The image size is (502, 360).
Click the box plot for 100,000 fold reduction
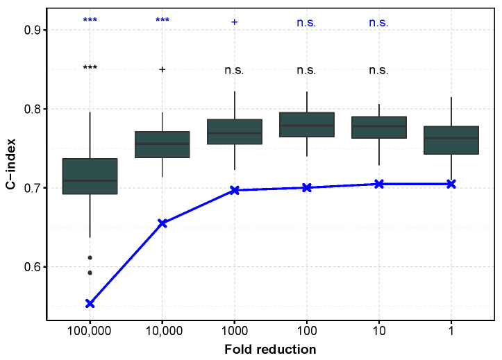coord(90,176)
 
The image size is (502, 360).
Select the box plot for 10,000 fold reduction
coord(162,144)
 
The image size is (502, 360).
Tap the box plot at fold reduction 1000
coord(234,131)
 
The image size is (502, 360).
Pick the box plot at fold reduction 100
coord(306,125)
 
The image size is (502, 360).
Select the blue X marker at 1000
coord(234,189)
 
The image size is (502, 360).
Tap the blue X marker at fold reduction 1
coord(451,184)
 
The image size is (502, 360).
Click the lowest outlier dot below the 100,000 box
coord(90,273)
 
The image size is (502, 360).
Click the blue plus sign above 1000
coord(234,22)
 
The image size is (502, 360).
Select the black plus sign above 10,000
coord(162,69)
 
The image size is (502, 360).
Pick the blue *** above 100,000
coord(90,21)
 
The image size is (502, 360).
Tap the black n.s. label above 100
coord(306,70)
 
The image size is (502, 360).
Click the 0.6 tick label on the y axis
coord(31,267)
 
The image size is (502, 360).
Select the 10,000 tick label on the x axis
coord(162,332)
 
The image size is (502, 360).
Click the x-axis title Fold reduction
coord(270,349)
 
